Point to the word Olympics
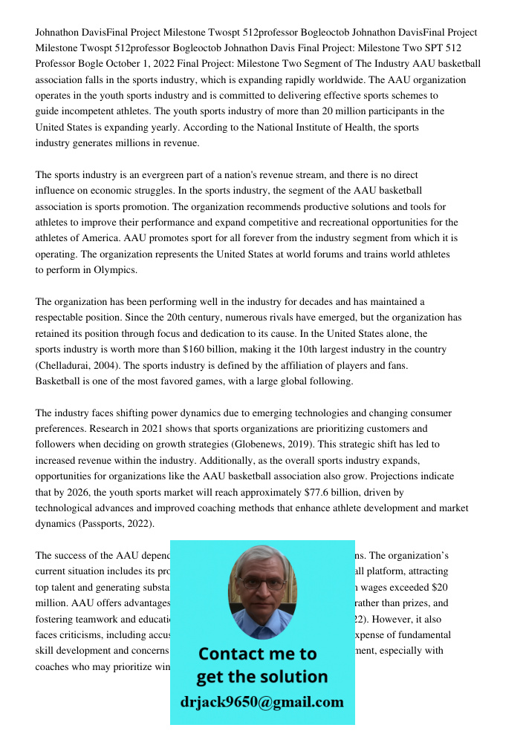point(115,270)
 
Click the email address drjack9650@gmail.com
point(262,702)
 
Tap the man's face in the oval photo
point(262,590)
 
